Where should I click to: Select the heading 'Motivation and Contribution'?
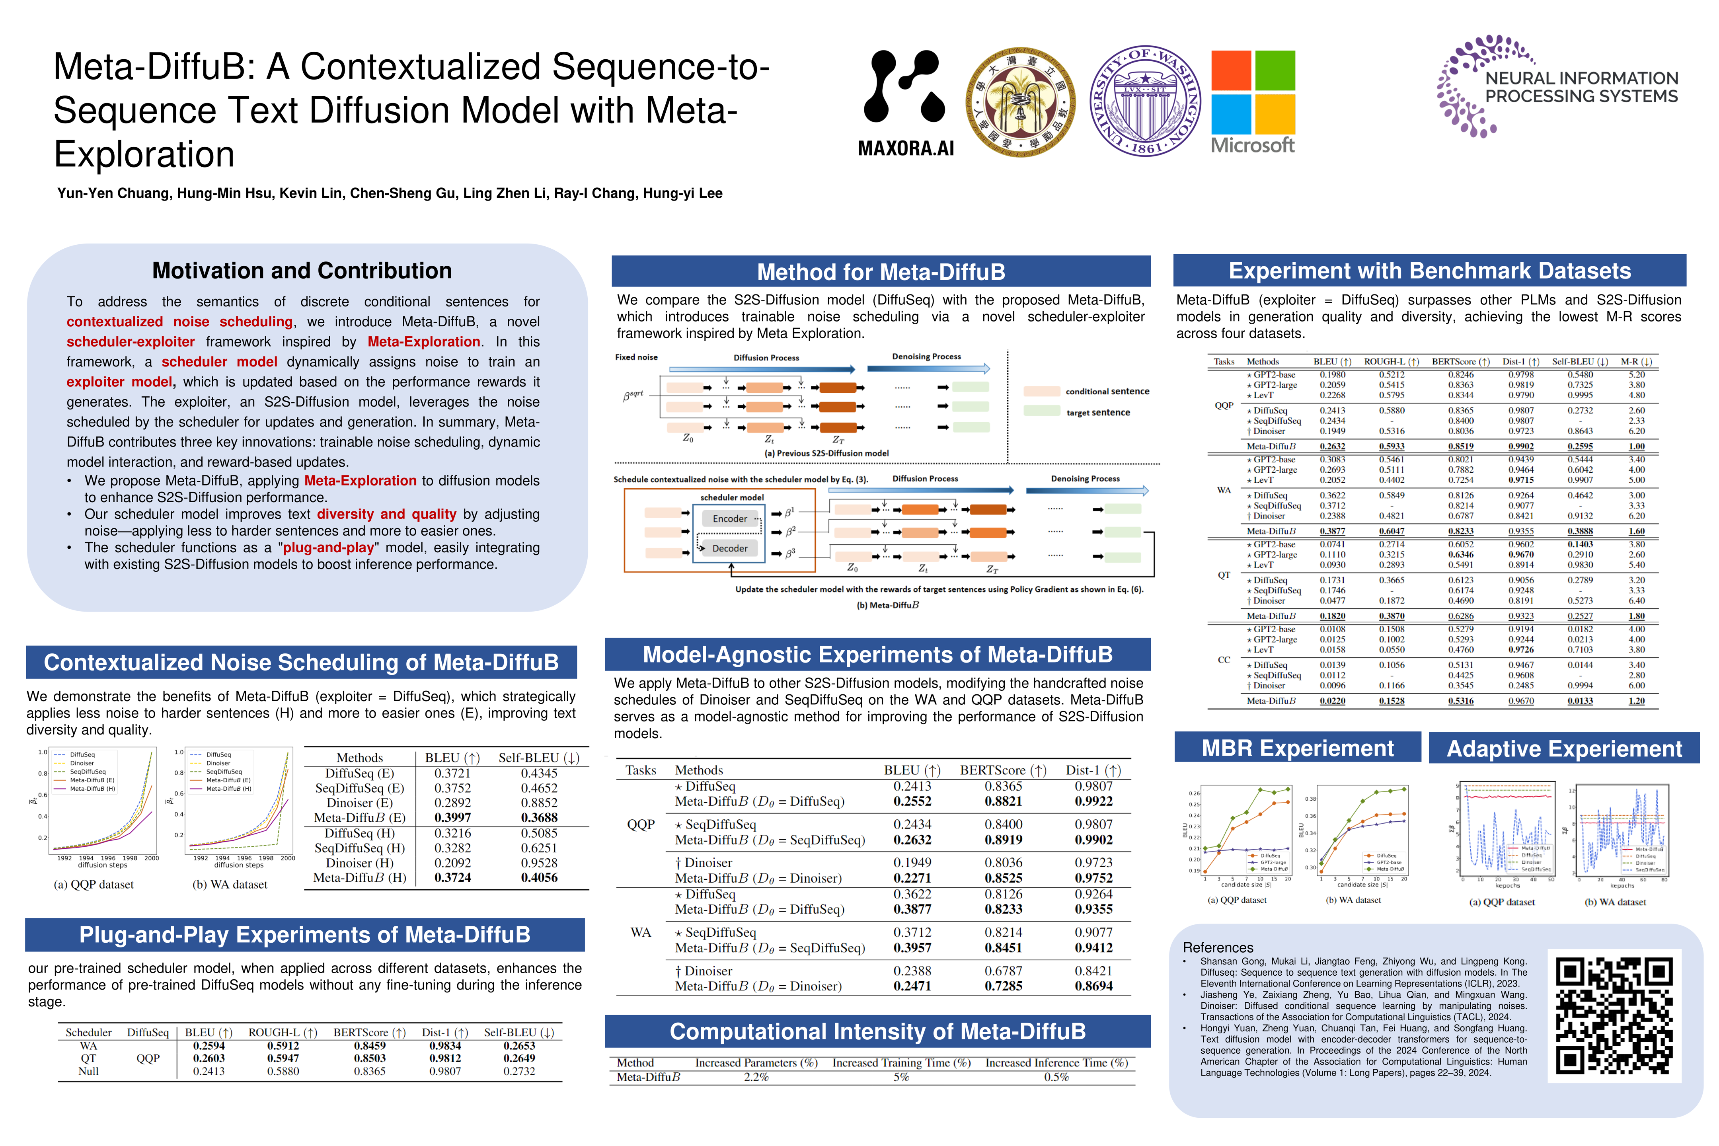coord(302,271)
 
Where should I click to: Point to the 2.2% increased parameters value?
coord(756,1077)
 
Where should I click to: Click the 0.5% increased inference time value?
coord(1056,1077)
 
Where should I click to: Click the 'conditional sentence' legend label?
coord(1107,391)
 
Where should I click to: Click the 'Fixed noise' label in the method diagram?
coord(636,357)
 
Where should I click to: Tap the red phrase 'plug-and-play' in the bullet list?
coord(328,548)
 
